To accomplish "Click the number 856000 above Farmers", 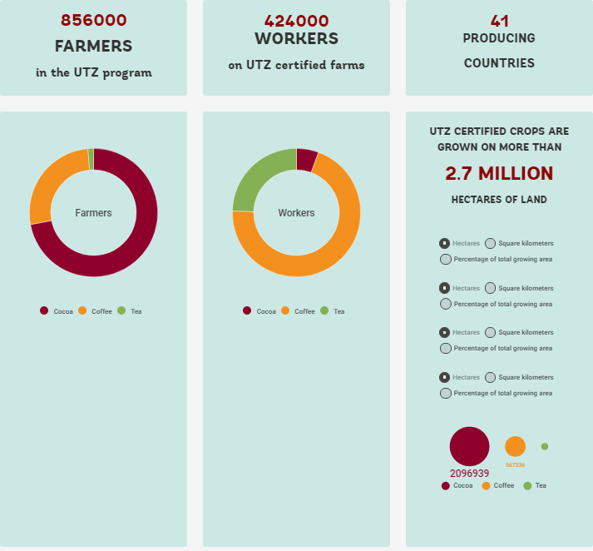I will click(93, 21).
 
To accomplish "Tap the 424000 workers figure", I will click(296, 21).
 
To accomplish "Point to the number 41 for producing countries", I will click(500, 21).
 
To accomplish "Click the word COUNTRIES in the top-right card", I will click(499, 63).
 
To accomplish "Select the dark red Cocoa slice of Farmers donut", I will click(133, 241).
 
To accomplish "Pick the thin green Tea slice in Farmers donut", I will click(91, 159).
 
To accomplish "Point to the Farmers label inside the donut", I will click(93, 213).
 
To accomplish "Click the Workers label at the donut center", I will click(296, 213).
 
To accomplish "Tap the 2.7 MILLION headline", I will click(499, 173).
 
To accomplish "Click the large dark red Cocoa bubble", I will click(470, 447).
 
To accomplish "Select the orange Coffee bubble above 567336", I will click(515, 446).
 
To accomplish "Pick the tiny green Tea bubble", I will click(545, 447).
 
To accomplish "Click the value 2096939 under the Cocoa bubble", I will click(470, 474).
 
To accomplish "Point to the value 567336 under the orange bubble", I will click(515, 465).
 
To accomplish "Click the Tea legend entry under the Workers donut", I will click(332, 311).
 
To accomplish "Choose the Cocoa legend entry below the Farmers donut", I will click(57, 311).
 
